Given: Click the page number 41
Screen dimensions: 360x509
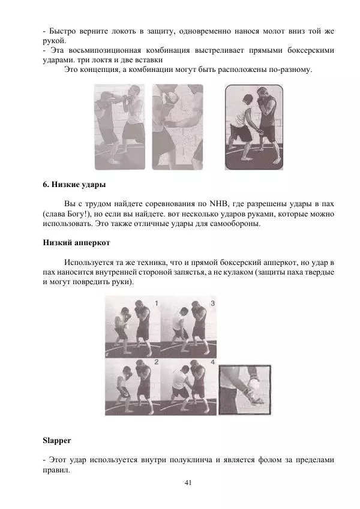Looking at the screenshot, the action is (x=188, y=483).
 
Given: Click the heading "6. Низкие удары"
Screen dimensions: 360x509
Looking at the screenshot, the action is (x=74, y=185).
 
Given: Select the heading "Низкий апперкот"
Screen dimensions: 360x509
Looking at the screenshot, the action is (x=76, y=243).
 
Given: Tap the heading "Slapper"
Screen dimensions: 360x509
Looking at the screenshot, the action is (x=57, y=441).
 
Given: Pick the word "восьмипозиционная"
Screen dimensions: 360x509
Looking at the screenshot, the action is (x=105, y=50).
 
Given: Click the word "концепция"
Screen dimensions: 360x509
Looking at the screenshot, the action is (x=100, y=70).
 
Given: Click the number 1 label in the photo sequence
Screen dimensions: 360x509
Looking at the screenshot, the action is (x=156, y=303).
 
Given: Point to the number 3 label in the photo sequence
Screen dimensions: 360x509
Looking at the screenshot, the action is (x=212, y=303).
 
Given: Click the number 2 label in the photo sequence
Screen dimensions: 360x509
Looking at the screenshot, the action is (x=156, y=362).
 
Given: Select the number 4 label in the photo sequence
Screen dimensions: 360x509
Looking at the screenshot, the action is (x=212, y=362).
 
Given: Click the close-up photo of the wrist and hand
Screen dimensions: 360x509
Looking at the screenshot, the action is (x=245, y=390).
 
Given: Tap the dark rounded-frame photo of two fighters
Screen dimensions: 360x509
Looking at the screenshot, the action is (x=254, y=127).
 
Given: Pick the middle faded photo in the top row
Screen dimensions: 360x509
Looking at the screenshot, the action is (x=178, y=127).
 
